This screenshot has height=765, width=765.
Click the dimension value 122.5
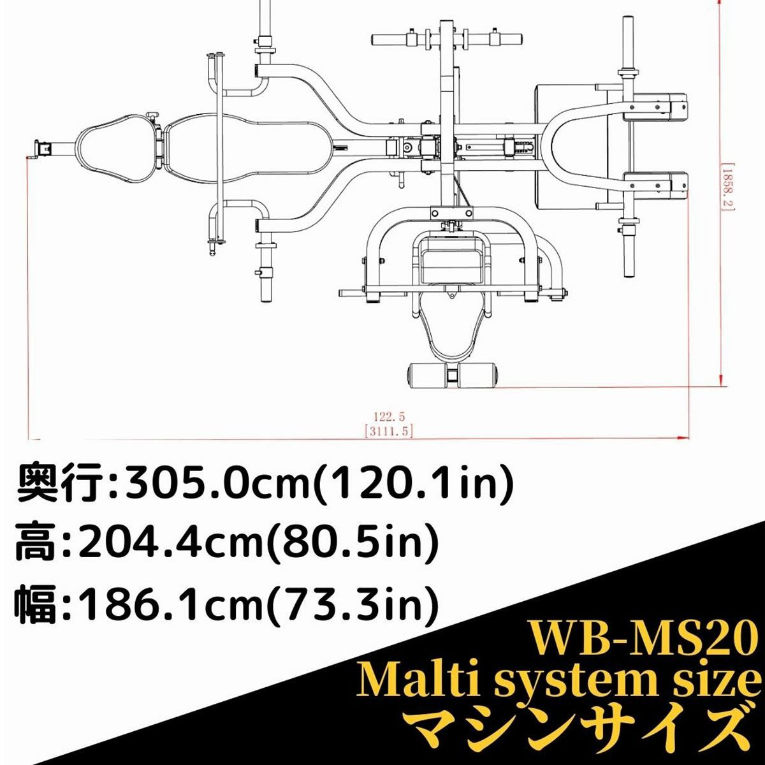pyautogui.click(x=389, y=416)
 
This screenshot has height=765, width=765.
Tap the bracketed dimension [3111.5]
pyautogui.click(x=389, y=431)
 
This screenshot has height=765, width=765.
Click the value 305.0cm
pyautogui.click(x=219, y=486)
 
